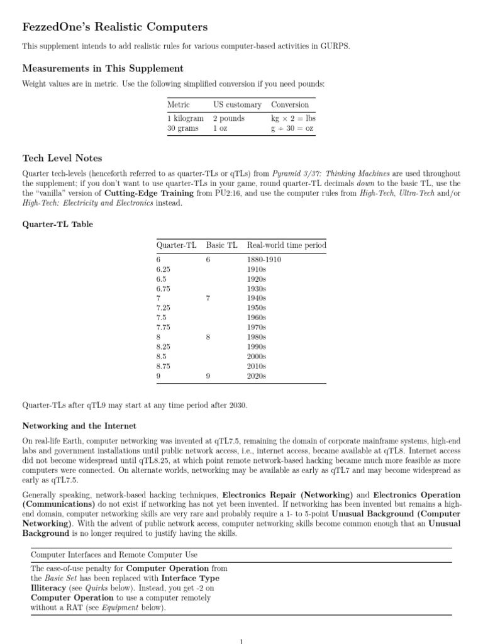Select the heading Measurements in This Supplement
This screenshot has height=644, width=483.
103,68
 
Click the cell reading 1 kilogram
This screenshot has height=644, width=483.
185,118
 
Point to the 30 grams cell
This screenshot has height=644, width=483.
182,128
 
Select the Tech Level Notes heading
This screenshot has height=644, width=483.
62,158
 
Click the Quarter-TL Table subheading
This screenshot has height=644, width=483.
58,224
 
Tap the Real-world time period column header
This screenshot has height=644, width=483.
287,245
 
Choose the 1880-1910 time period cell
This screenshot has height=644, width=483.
264,259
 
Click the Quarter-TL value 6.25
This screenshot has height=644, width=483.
163,269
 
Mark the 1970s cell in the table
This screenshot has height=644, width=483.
257,327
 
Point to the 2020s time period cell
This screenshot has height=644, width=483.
257,376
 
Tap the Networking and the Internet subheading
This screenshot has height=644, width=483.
79,426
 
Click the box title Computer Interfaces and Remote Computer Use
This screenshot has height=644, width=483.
114,555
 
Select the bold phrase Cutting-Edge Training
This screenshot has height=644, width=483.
149,194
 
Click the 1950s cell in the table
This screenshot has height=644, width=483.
257,308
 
